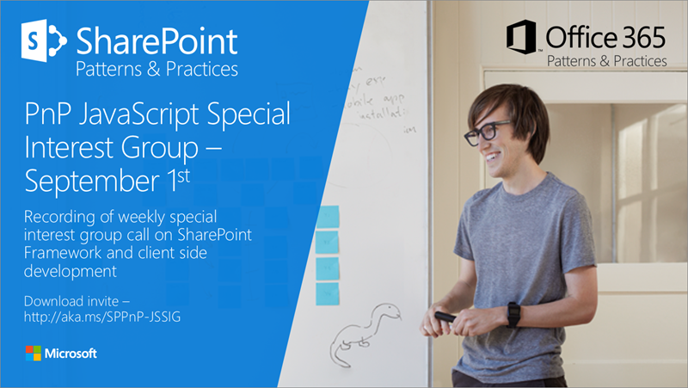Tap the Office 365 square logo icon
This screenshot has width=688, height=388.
coord(523,40)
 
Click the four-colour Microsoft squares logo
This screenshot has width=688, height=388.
coord(33,353)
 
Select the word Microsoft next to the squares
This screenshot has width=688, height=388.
coord(71,353)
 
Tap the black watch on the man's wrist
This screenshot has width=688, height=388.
coord(513,314)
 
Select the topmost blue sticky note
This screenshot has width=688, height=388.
coord(328,217)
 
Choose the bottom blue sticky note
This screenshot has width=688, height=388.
coord(327,293)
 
